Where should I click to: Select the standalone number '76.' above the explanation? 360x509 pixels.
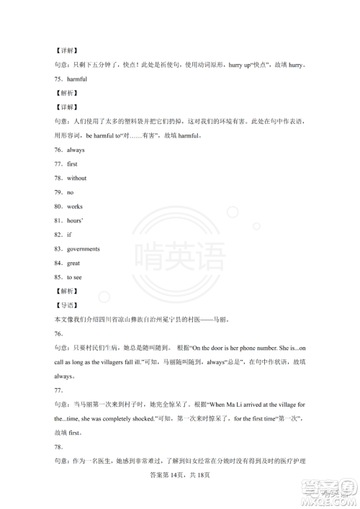coord(58,334)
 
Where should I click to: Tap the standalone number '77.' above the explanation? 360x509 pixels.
coord(58,390)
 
